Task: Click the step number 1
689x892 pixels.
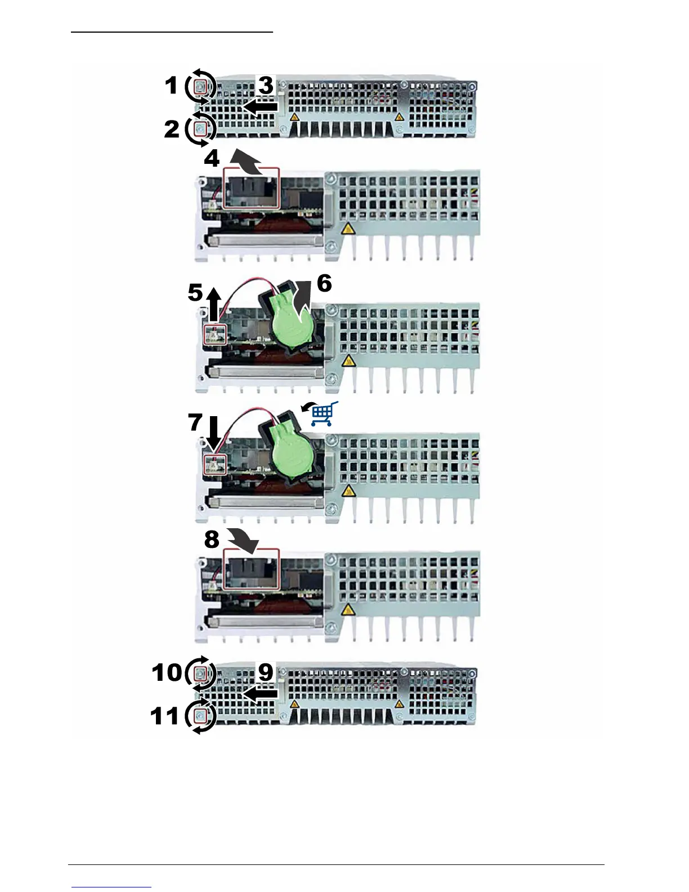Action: pyautogui.click(x=171, y=86)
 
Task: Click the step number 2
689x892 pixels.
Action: pyautogui.click(x=171, y=130)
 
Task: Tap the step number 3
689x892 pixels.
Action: pyautogui.click(x=265, y=86)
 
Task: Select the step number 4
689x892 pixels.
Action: pyautogui.click(x=212, y=159)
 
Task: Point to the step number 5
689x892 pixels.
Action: pyautogui.click(x=195, y=293)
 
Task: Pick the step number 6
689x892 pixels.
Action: pyautogui.click(x=324, y=283)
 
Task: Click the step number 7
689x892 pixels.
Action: pyautogui.click(x=195, y=422)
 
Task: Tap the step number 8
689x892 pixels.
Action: pyautogui.click(x=212, y=539)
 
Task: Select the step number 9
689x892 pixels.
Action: pyautogui.click(x=265, y=672)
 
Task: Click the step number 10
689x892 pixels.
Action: pyautogui.click(x=167, y=672)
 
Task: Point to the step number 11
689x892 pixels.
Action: pyautogui.click(x=165, y=716)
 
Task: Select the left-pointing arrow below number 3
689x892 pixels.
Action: pyautogui.click(x=260, y=106)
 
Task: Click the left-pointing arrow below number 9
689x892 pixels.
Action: pyautogui.click(x=260, y=694)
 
